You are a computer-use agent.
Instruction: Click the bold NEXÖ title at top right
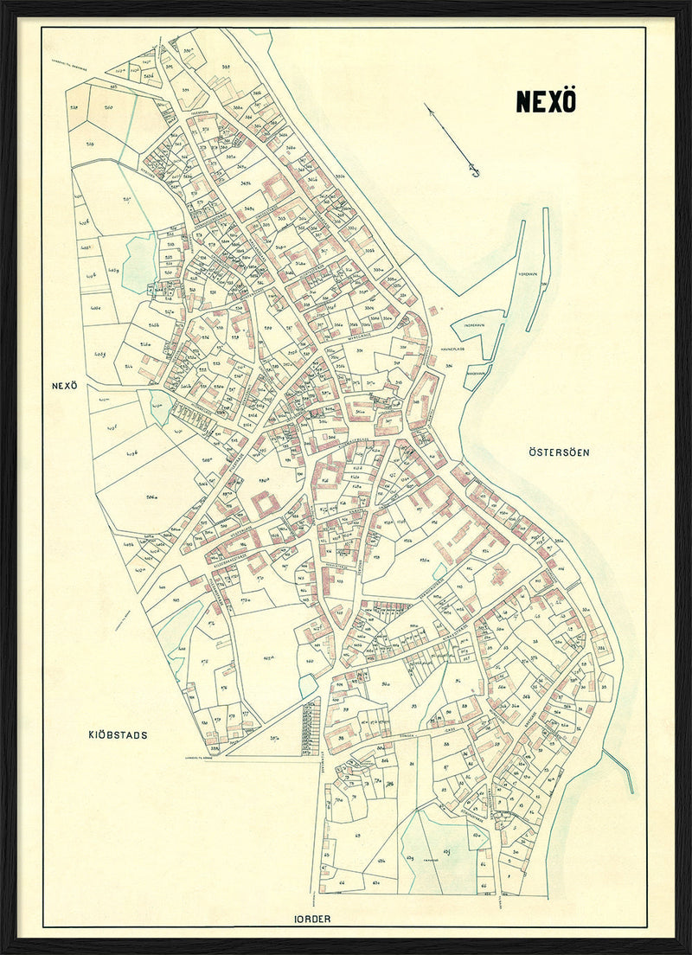click(x=546, y=101)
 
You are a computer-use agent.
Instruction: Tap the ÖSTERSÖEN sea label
click(x=555, y=452)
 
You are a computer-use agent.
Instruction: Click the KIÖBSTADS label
click(x=118, y=734)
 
